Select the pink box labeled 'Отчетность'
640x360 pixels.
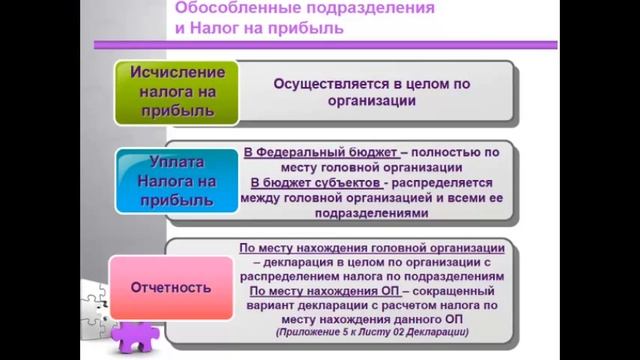(x=171, y=288)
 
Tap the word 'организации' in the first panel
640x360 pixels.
(x=372, y=101)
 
